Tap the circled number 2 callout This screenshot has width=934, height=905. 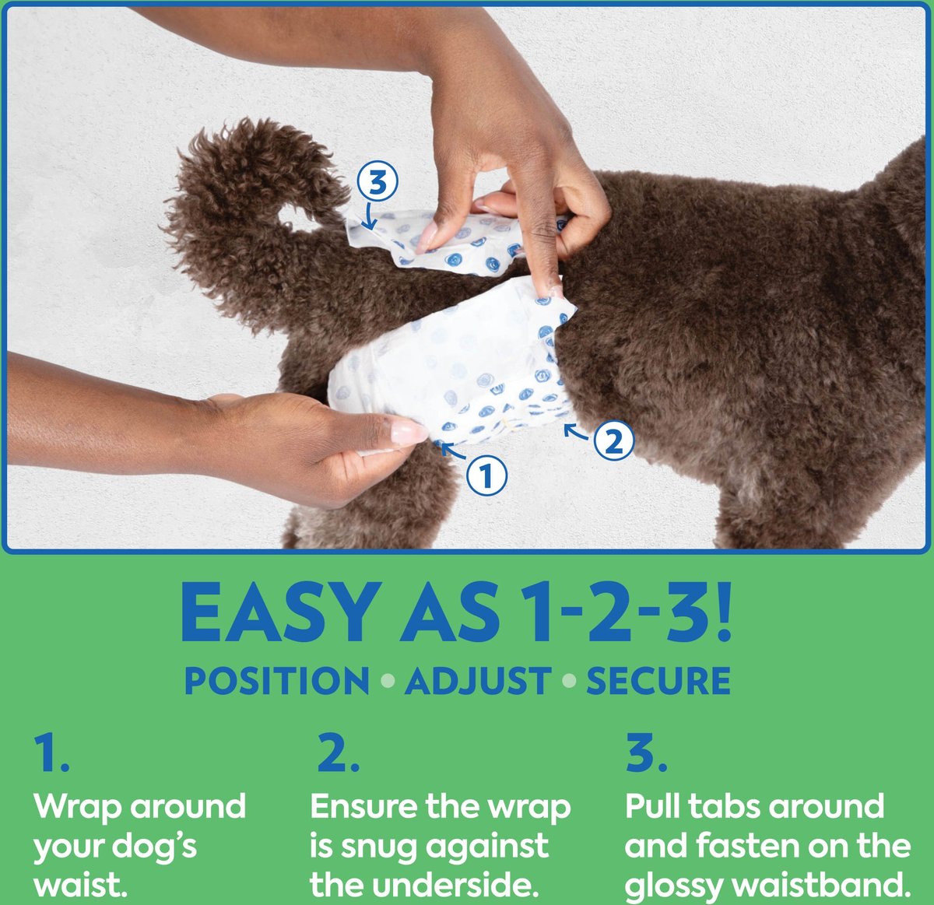613,441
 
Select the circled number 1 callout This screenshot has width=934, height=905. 486,475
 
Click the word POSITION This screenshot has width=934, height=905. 276,681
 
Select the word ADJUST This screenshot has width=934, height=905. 477,681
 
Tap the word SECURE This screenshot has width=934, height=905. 658,681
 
